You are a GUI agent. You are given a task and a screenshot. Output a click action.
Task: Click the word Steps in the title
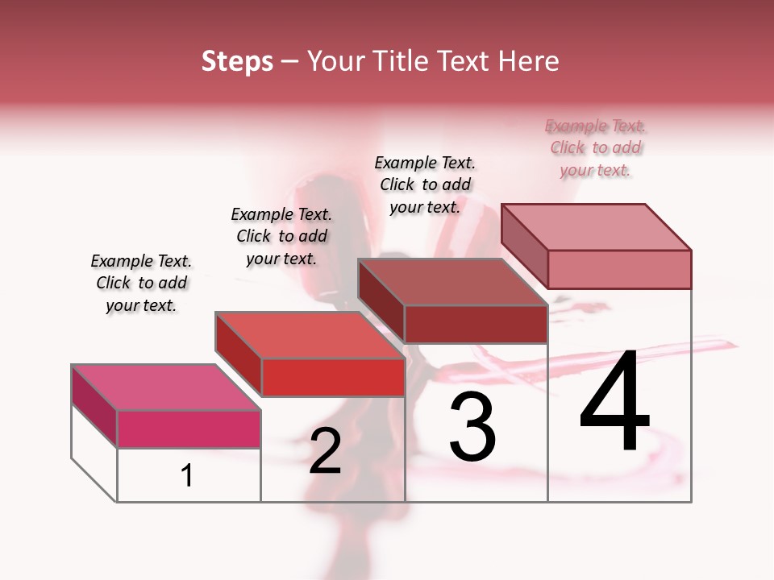(x=236, y=61)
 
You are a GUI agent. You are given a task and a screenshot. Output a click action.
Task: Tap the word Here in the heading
(x=527, y=61)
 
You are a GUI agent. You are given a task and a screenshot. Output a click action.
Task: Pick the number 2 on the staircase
(x=325, y=452)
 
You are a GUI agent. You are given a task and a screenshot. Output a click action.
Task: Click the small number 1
(x=186, y=476)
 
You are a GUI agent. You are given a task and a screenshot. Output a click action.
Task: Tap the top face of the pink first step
(x=165, y=387)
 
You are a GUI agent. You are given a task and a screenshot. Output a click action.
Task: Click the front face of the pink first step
(x=189, y=429)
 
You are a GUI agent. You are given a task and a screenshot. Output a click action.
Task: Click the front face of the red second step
(x=333, y=377)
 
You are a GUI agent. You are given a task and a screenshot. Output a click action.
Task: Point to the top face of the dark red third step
(x=452, y=282)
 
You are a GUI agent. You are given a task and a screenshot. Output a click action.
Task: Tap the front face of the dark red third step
(x=476, y=324)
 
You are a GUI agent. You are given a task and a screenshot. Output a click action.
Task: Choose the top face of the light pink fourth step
(x=596, y=226)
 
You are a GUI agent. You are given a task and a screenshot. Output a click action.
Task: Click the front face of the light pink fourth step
(x=619, y=269)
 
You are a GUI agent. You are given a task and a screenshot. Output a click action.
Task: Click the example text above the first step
(x=141, y=284)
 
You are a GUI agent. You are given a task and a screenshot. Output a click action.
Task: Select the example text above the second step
(x=281, y=237)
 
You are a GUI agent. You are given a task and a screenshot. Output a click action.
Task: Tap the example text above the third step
(x=425, y=185)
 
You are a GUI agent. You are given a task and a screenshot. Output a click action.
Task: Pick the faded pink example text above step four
(x=596, y=148)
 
